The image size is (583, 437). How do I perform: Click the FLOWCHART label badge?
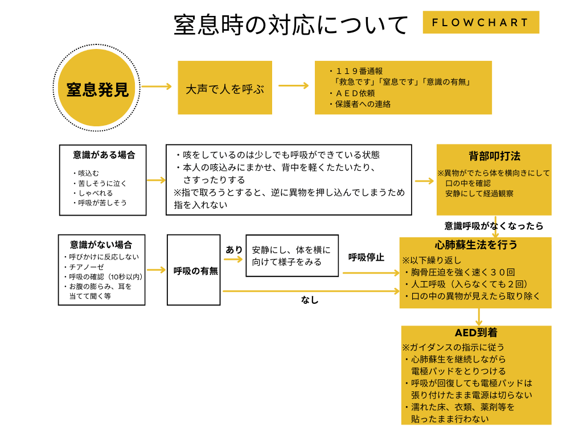(481, 23)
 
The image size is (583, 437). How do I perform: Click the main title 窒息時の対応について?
(291, 25)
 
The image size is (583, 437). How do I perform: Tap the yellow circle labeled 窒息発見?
(97, 90)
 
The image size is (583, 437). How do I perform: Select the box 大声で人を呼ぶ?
(225, 89)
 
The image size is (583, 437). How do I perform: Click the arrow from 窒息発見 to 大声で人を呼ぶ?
(156, 86)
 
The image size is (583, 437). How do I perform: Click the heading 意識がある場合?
(104, 155)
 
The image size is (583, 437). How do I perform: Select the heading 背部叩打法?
(494, 156)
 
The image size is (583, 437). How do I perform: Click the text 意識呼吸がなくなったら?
(494, 226)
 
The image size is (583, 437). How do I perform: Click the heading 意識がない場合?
(101, 245)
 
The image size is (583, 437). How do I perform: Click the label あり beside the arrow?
(234, 250)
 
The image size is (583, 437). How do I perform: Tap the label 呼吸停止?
(366, 257)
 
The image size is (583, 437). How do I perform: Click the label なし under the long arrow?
(310, 300)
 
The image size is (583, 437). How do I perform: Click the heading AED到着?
(476, 333)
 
